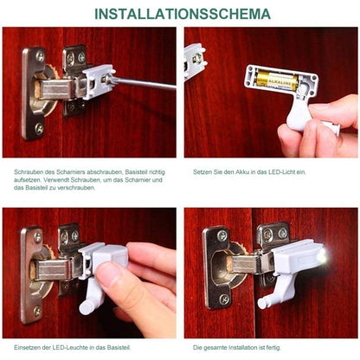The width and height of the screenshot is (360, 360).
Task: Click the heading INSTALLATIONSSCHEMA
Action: pyautogui.click(x=180, y=14)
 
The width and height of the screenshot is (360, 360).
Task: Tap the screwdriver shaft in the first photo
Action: pyautogui.click(x=147, y=84)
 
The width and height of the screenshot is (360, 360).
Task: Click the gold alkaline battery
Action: pyautogui.click(x=276, y=82)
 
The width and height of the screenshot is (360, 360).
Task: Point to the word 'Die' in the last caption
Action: pyautogui.click(x=196, y=348)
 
